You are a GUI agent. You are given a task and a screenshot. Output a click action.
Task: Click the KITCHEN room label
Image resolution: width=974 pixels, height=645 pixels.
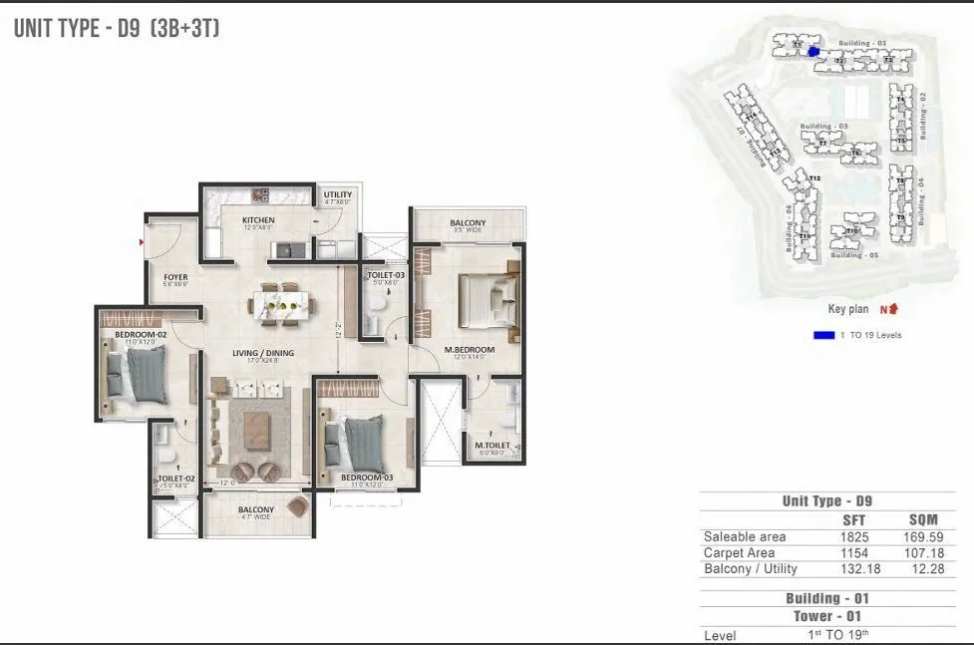coord(258,220)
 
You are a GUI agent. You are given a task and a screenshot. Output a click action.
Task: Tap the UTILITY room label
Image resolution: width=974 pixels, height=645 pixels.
coord(338,195)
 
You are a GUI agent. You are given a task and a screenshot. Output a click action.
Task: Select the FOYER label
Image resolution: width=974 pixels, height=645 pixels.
coord(175,278)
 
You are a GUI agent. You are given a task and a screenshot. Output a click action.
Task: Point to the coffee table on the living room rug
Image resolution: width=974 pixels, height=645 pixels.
coord(256,429)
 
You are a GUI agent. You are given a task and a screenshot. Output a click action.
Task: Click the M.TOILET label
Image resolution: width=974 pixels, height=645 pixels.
coord(492,446)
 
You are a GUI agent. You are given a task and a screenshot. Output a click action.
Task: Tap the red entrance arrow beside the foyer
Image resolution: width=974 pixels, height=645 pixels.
coord(143,241)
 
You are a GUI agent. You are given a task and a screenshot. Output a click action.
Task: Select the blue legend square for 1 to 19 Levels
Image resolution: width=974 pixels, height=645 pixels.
coord(823,335)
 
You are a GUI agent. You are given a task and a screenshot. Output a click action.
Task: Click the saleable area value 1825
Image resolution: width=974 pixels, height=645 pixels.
coord(855,536)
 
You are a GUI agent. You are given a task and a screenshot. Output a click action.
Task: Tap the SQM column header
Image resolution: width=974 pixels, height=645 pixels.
coord(926,519)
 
